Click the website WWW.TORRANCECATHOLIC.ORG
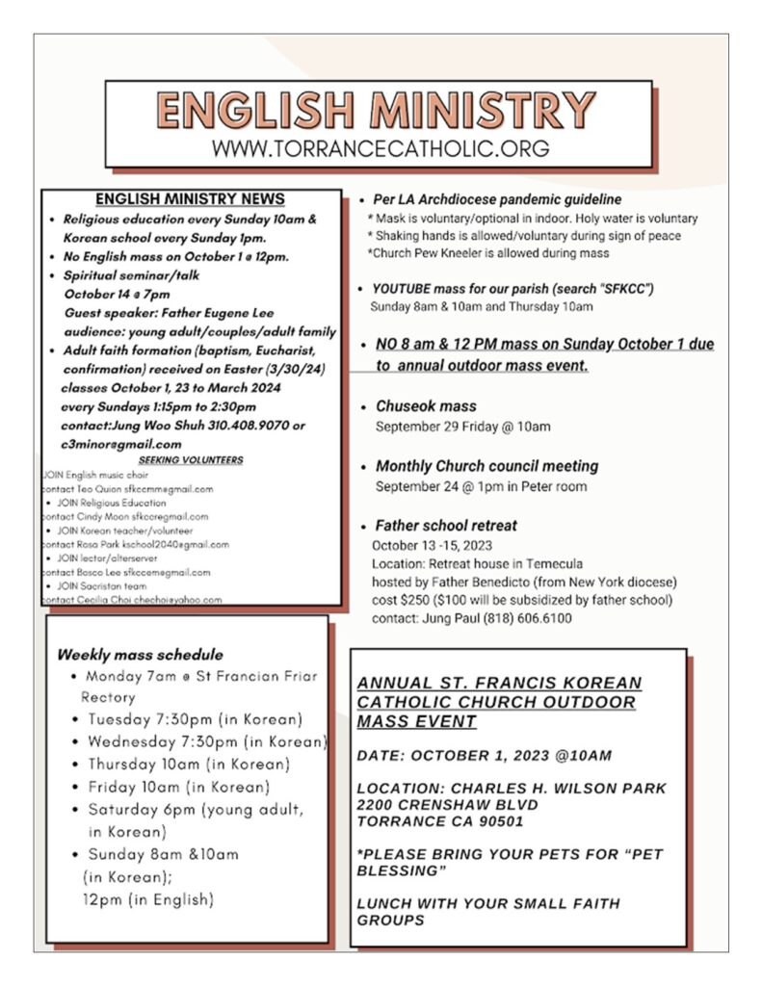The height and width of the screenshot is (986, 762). click(x=381, y=148)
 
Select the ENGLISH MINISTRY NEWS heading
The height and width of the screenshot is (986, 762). click(x=190, y=199)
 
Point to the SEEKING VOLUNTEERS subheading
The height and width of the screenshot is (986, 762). click(x=191, y=460)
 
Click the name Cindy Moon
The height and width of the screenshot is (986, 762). click(x=113, y=516)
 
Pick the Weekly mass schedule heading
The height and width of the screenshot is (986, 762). click(x=141, y=655)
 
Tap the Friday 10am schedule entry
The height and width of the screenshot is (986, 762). click(x=179, y=787)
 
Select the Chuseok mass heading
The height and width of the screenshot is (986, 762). click(x=426, y=406)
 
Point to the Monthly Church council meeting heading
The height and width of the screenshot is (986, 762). click(x=486, y=466)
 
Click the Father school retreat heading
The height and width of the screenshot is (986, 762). click(x=446, y=526)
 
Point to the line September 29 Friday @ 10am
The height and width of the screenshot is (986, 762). click(x=463, y=427)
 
